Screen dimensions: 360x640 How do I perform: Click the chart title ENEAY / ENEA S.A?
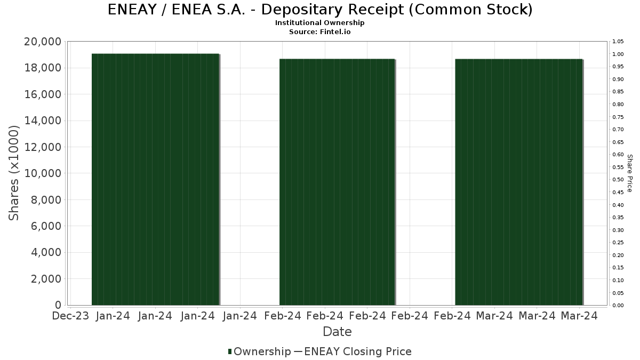pos(320,10)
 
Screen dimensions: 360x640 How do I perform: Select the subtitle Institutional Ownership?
pos(320,23)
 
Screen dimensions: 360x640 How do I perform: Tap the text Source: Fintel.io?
pos(320,31)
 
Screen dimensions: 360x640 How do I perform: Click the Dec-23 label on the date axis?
pos(70,316)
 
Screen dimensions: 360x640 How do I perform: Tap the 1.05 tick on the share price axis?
pos(618,42)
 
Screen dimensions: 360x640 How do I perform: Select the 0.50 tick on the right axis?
pos(618,180)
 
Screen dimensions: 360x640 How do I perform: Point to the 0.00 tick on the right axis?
pos(618,306)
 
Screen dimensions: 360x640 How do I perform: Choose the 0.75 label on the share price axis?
pos(618,117)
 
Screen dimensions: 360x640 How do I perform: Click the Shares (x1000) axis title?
pos(14,173)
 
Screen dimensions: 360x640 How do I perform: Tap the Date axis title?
pos(337,332)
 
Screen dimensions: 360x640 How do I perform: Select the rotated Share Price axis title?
pos(630,173)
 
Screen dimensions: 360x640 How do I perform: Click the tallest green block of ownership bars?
pos(155,179)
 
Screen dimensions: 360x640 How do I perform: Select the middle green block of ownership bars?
pos(337,182)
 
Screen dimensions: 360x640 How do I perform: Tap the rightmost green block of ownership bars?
pos(518,182)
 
